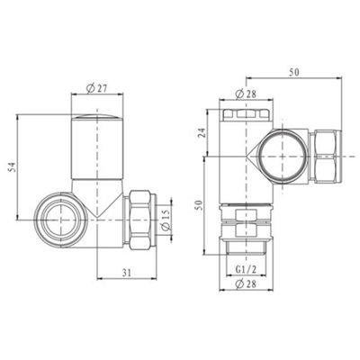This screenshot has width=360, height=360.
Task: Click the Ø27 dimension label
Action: coord(97,87)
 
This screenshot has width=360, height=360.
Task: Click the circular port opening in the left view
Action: coord(60,220)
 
